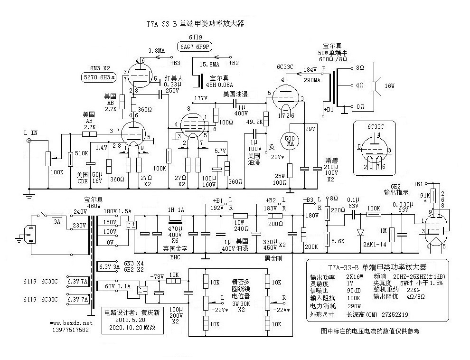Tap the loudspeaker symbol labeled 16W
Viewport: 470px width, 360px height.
coord(375,86)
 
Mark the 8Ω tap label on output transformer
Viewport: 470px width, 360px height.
coord(360,68)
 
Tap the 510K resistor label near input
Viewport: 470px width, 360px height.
coord(81,153)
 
